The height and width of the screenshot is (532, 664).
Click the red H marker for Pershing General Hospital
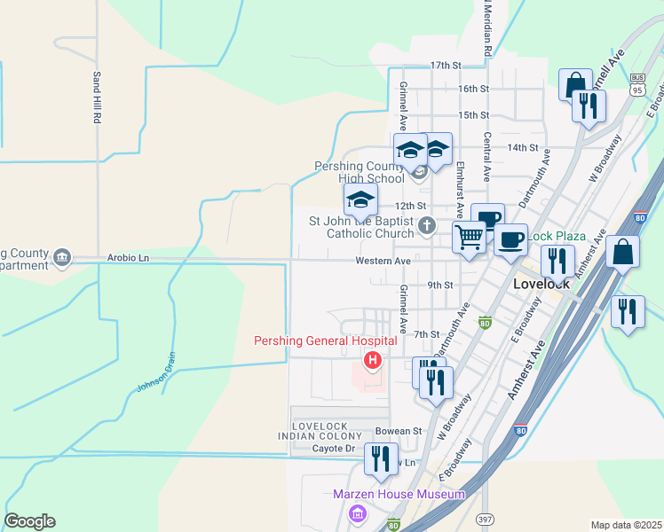373,359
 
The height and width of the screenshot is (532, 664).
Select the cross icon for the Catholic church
427,225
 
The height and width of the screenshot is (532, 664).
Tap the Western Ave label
383,262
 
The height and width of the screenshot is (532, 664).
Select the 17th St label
447,66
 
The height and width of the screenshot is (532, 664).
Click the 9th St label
440,286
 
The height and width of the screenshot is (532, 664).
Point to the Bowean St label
398,432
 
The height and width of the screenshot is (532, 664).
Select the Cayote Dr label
334,449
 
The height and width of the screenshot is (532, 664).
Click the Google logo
29,521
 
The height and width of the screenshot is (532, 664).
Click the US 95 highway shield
636,79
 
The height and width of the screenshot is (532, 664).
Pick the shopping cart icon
468,237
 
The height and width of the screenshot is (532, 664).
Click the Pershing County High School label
360,172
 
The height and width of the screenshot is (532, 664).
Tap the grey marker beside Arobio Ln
61,257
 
